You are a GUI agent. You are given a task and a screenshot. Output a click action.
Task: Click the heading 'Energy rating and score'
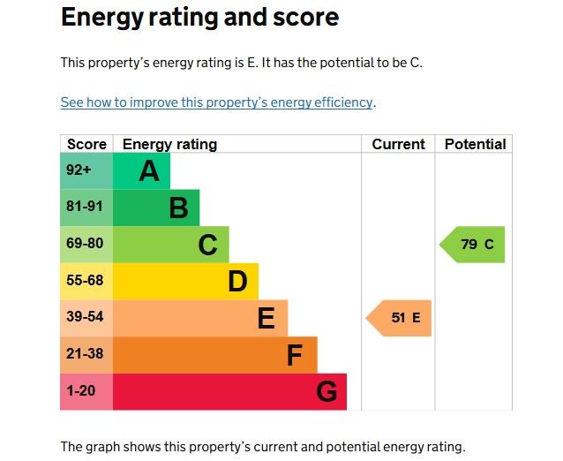pyautogui.click(x=199, y=17)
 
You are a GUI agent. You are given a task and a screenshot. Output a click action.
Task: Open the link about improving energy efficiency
pyautogui.click(x=217, y=102)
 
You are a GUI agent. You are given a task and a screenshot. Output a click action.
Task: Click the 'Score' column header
pyautogui.click(x=86, y=144)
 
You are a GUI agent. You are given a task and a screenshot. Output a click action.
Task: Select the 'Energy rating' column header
pyautogui.click(x=169, y=144)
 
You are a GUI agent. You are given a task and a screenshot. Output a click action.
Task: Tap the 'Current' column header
pyautogui.click(x=398, y=144)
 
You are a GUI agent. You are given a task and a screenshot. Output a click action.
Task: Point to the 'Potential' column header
pyautogui.click(x=475, y=144)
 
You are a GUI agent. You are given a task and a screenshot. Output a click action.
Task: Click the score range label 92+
pyautogui.click(x=79, y=170)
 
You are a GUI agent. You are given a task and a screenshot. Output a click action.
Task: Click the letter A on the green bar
pyautogui.click(x=149, y=170)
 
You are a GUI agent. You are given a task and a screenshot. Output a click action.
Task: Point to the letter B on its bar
pyautogui.click(x=178, y=208)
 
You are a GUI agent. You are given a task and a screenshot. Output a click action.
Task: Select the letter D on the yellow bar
pyautogui.click(x=236, y=281)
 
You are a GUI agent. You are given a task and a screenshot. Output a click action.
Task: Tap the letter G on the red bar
pyautogui.click(x=326, y=391)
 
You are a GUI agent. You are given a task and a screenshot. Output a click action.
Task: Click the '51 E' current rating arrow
pyautogui.click(x=400, y=318)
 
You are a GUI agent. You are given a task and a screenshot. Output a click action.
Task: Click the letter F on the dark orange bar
pyautogui.click(x=295, y=355)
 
